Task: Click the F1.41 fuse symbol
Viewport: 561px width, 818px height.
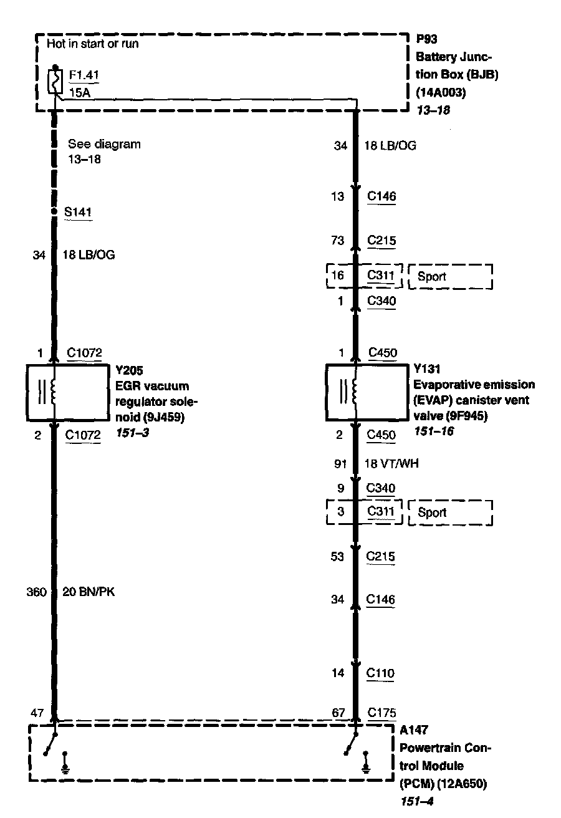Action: tap(55, 81)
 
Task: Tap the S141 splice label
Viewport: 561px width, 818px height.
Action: tap(78, 212)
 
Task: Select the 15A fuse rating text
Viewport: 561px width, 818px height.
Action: tap(78, 94)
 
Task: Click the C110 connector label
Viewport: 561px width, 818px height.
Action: tap(381, 673)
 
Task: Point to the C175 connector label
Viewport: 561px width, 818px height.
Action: tap(381, 713)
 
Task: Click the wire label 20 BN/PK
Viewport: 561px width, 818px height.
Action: tap(89, 592)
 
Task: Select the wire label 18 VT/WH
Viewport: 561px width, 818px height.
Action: tap(390, 464)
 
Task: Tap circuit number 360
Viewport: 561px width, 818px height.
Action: tap(37, 592)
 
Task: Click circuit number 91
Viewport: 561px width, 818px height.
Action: tap(340, 464)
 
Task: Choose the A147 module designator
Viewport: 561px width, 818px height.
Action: tap(414, 729)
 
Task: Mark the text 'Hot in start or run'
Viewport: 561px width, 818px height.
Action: tap(92, 44)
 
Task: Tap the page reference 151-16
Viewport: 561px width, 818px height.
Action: tap(433, 431)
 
